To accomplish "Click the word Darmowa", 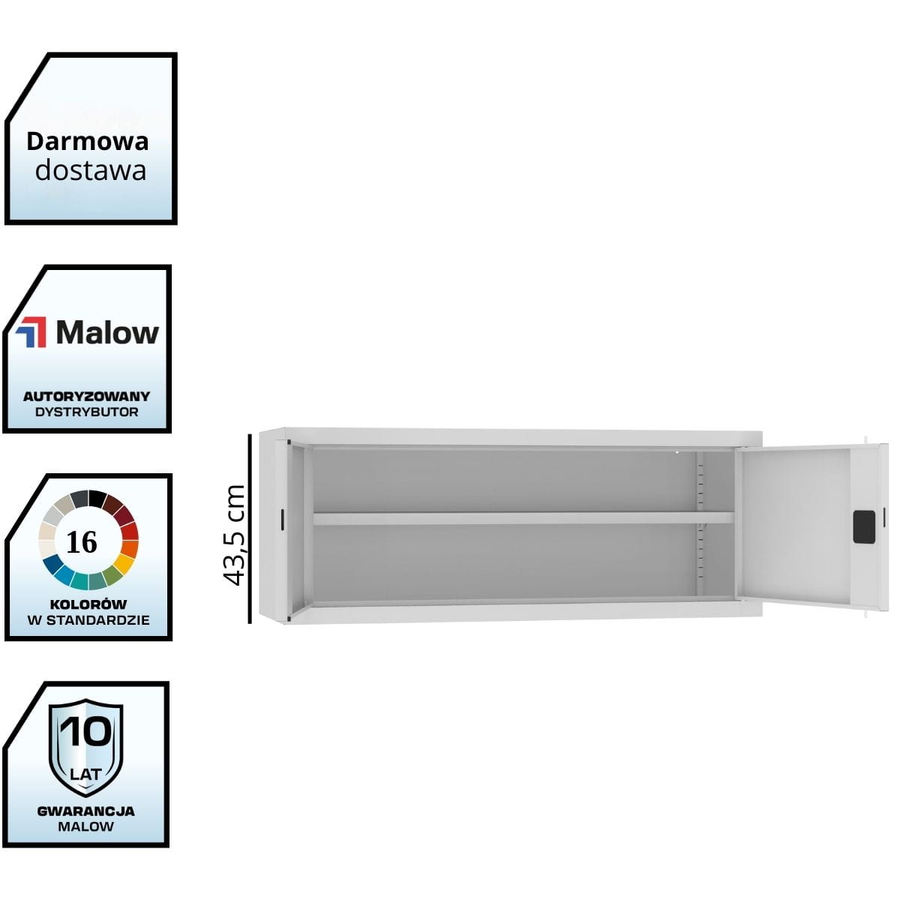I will click(x=88, y=141).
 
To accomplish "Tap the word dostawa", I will click(x=90, y=170).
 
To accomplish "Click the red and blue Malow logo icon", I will click(x=31, y=332).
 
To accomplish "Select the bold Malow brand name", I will click(x=107, y=332).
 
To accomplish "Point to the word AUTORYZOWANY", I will click(x=86, y=396).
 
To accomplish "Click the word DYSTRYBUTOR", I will click(x=86, y=412).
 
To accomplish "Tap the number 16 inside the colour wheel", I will click(x=82, y=541).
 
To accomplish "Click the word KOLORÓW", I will click(x=88, y=604).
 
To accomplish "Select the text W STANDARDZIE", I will click(x=88, y=619).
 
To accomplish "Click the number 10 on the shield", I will click(x=85, y=731).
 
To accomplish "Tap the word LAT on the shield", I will click(x=85, y=773).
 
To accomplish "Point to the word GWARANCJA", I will click(x=85, y=811).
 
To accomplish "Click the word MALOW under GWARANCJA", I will click(x=85, y=826).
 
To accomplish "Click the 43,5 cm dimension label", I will click(x=235, y=534).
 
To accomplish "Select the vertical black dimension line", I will click(x=250, y=527).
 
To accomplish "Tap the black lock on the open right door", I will click(x=863, y=526).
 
